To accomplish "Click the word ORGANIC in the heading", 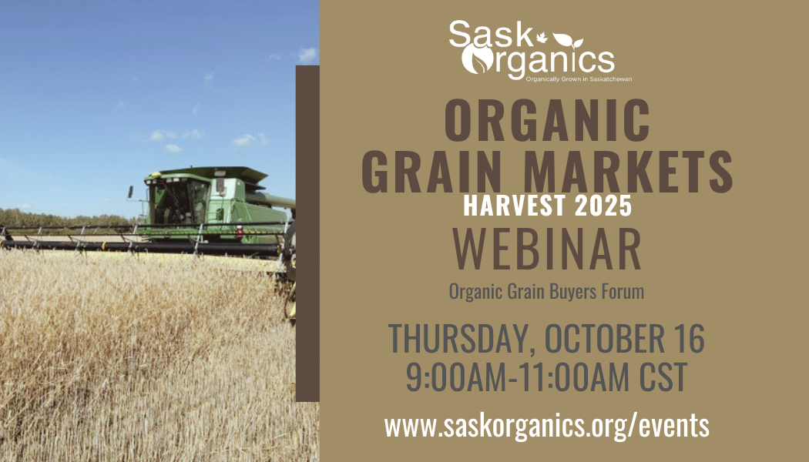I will coord(547,120).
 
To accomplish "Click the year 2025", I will coord(603,206).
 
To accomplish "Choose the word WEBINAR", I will coord(547,248).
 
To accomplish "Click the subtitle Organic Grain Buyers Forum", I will coord(546,292).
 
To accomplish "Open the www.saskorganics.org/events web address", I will coord(546,424).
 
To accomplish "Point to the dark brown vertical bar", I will coord(307,231).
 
